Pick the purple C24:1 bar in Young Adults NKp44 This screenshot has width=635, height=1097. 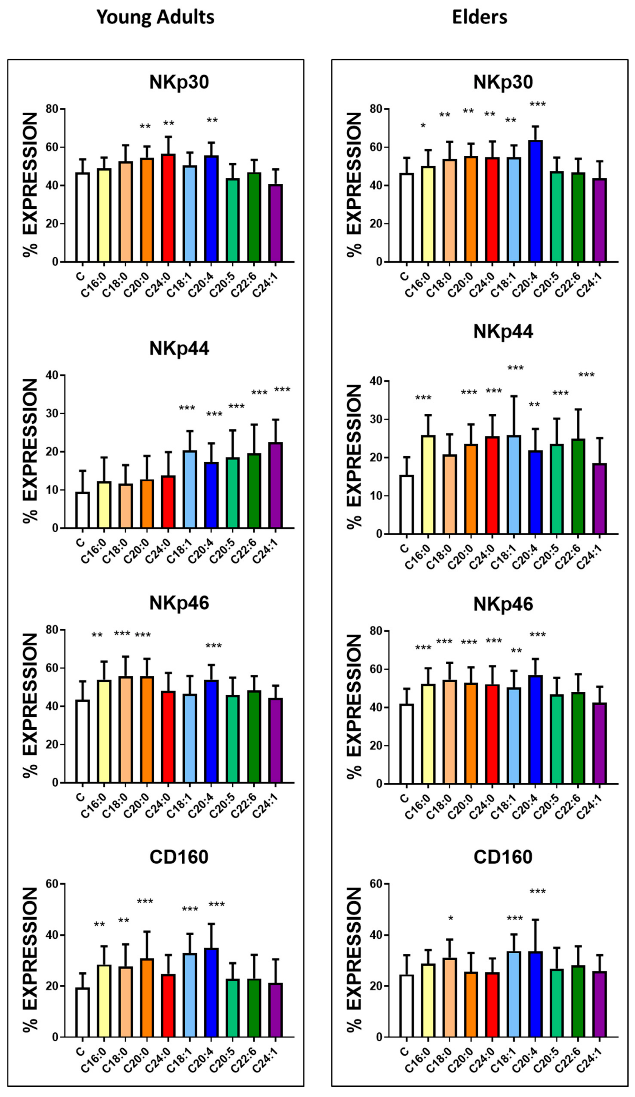275,485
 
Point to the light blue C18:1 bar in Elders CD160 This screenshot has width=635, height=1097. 514,995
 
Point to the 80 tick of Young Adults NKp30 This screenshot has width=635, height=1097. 52,109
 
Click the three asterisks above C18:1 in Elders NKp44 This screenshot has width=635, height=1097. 515,368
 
